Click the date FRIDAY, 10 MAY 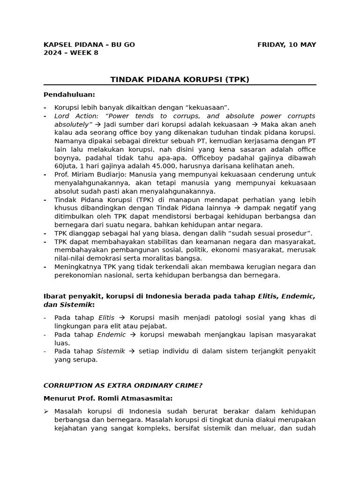tap(286, 45)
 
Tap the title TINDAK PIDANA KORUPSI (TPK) tap(180, 79)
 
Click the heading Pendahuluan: tap(69, 94)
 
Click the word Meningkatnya tap(78, 267)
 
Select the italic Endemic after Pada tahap tap(111, 334)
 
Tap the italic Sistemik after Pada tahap tap(111, 351)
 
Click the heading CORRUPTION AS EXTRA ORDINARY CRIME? tap(123, 385)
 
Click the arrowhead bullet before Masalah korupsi tap(46, 411)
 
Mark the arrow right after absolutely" tap(98, 125)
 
